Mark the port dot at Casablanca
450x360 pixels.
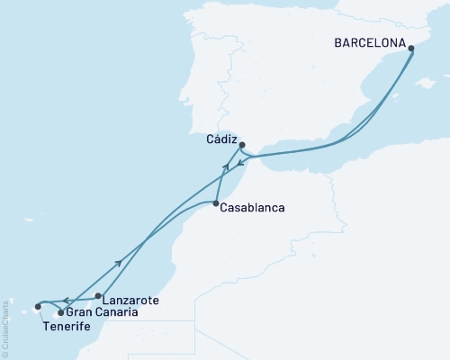216,204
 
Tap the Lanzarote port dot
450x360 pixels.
98,295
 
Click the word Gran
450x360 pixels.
79,312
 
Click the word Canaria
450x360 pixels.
117,312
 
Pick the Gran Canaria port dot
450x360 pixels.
60,312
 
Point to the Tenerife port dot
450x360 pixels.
38,306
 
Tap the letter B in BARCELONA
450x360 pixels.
337,41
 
